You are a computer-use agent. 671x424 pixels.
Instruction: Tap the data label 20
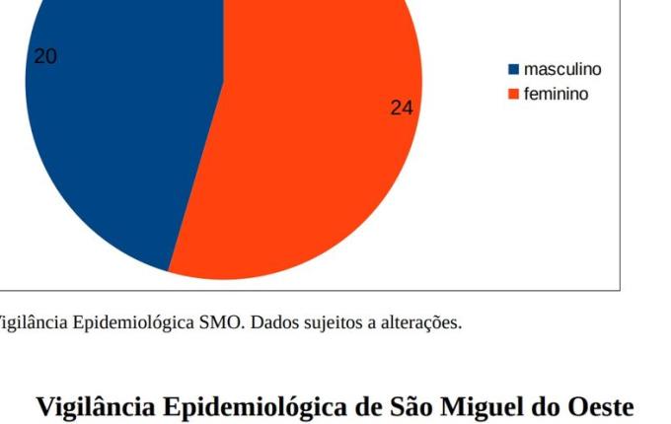coord(45,57)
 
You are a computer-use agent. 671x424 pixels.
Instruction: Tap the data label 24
coord(401,108)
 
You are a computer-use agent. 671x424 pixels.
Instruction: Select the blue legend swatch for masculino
coord(513,70)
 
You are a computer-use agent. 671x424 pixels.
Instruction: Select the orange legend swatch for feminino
coord(513,95)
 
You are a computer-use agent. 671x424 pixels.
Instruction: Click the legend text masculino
coord(561,70)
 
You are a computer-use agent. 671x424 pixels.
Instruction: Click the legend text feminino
coord(556,95)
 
